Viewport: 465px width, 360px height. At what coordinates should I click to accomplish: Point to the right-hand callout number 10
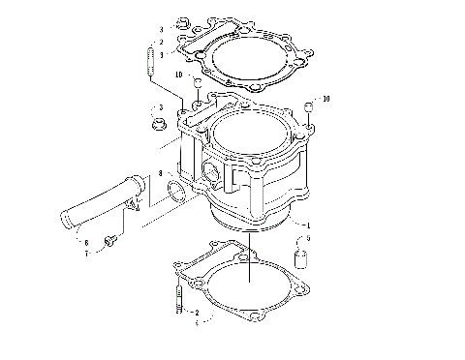[326, 99]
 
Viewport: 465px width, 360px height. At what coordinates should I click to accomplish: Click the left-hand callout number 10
[179, 75]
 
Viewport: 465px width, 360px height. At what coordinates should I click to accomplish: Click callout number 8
[161, 174]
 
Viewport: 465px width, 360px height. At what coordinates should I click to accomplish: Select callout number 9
[307, 239]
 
